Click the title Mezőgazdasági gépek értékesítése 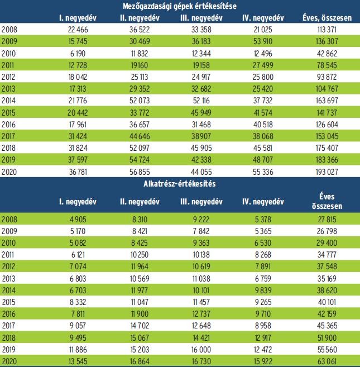point(179,6)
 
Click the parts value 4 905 point(81,221)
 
